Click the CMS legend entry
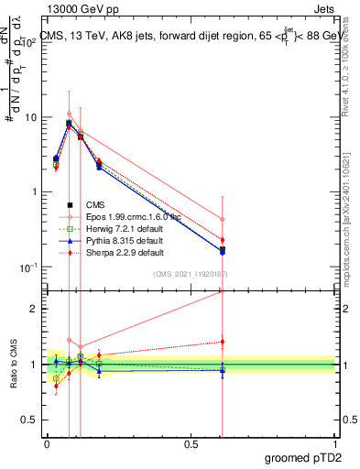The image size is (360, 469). (95, 205)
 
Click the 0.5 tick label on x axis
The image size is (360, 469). (191, 443)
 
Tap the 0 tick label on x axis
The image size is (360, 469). (47, 443)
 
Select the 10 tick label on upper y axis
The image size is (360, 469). (30, 117)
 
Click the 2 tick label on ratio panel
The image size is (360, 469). (36, 309)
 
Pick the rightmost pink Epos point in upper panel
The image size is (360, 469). (223, 219)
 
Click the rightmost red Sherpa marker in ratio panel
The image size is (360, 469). (223, 342)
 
